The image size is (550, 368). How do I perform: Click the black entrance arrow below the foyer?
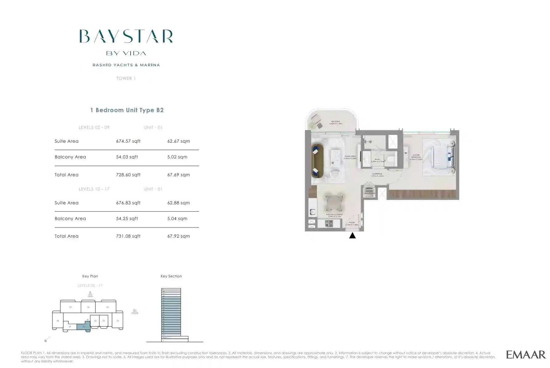click(352, 236)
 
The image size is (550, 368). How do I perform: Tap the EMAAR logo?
click(526, 355)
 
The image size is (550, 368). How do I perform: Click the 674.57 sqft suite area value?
click(128, 141)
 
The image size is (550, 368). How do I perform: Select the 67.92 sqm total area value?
click(178, 236)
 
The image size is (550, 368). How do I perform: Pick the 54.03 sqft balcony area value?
click(127, 157)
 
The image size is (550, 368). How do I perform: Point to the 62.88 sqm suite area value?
click(178, 203)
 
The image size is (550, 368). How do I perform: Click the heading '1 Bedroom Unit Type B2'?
click(127, 110)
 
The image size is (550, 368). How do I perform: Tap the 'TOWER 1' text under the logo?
click(126, 78)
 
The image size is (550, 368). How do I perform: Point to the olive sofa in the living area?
click(317, 161)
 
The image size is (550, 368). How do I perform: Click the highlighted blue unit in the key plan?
click(83, 326)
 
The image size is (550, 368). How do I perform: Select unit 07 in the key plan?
click(71, 307)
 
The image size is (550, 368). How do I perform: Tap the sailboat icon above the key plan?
click(90, 294)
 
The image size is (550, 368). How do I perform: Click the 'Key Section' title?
click(171, 276)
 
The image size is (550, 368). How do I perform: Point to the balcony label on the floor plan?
click(336, 122)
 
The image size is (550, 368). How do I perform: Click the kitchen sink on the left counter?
click(312, 212)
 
